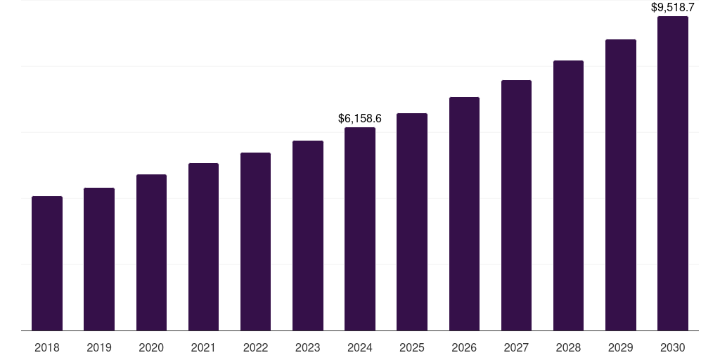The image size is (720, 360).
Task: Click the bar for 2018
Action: (x=47, y=263)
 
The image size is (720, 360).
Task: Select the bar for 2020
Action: (x=151, y=252)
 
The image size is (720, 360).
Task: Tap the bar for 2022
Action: (x=255, y=241)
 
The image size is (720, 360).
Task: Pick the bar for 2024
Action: (x=360, y=229)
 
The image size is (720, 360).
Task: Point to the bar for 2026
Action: (x=464, y=214)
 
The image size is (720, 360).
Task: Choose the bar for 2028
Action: (x=568, y=195)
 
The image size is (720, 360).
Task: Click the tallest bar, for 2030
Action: (x=673, y=173)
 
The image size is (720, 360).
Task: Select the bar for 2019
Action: (x=99, y=259)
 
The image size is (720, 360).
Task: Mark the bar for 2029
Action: (x=621, y=185)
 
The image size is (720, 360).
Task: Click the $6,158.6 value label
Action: (x=360, y=118)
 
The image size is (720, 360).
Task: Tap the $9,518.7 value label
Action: (x=673, y=8)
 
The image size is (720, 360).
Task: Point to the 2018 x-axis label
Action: (x=47, y=347)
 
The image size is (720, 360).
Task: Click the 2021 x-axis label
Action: (x=203, y=347)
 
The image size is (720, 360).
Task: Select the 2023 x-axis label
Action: (x=308, y=347)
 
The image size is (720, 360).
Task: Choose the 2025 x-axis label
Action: (x=412, y=347)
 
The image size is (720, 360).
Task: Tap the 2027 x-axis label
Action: (x=516, y=347)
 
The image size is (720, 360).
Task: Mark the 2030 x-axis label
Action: (x=673, y=347)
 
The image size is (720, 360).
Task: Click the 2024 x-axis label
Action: (x=360, y=347)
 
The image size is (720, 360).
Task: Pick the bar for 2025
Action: (x=412, y=221)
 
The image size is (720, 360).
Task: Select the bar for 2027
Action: (x=516, y=205)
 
